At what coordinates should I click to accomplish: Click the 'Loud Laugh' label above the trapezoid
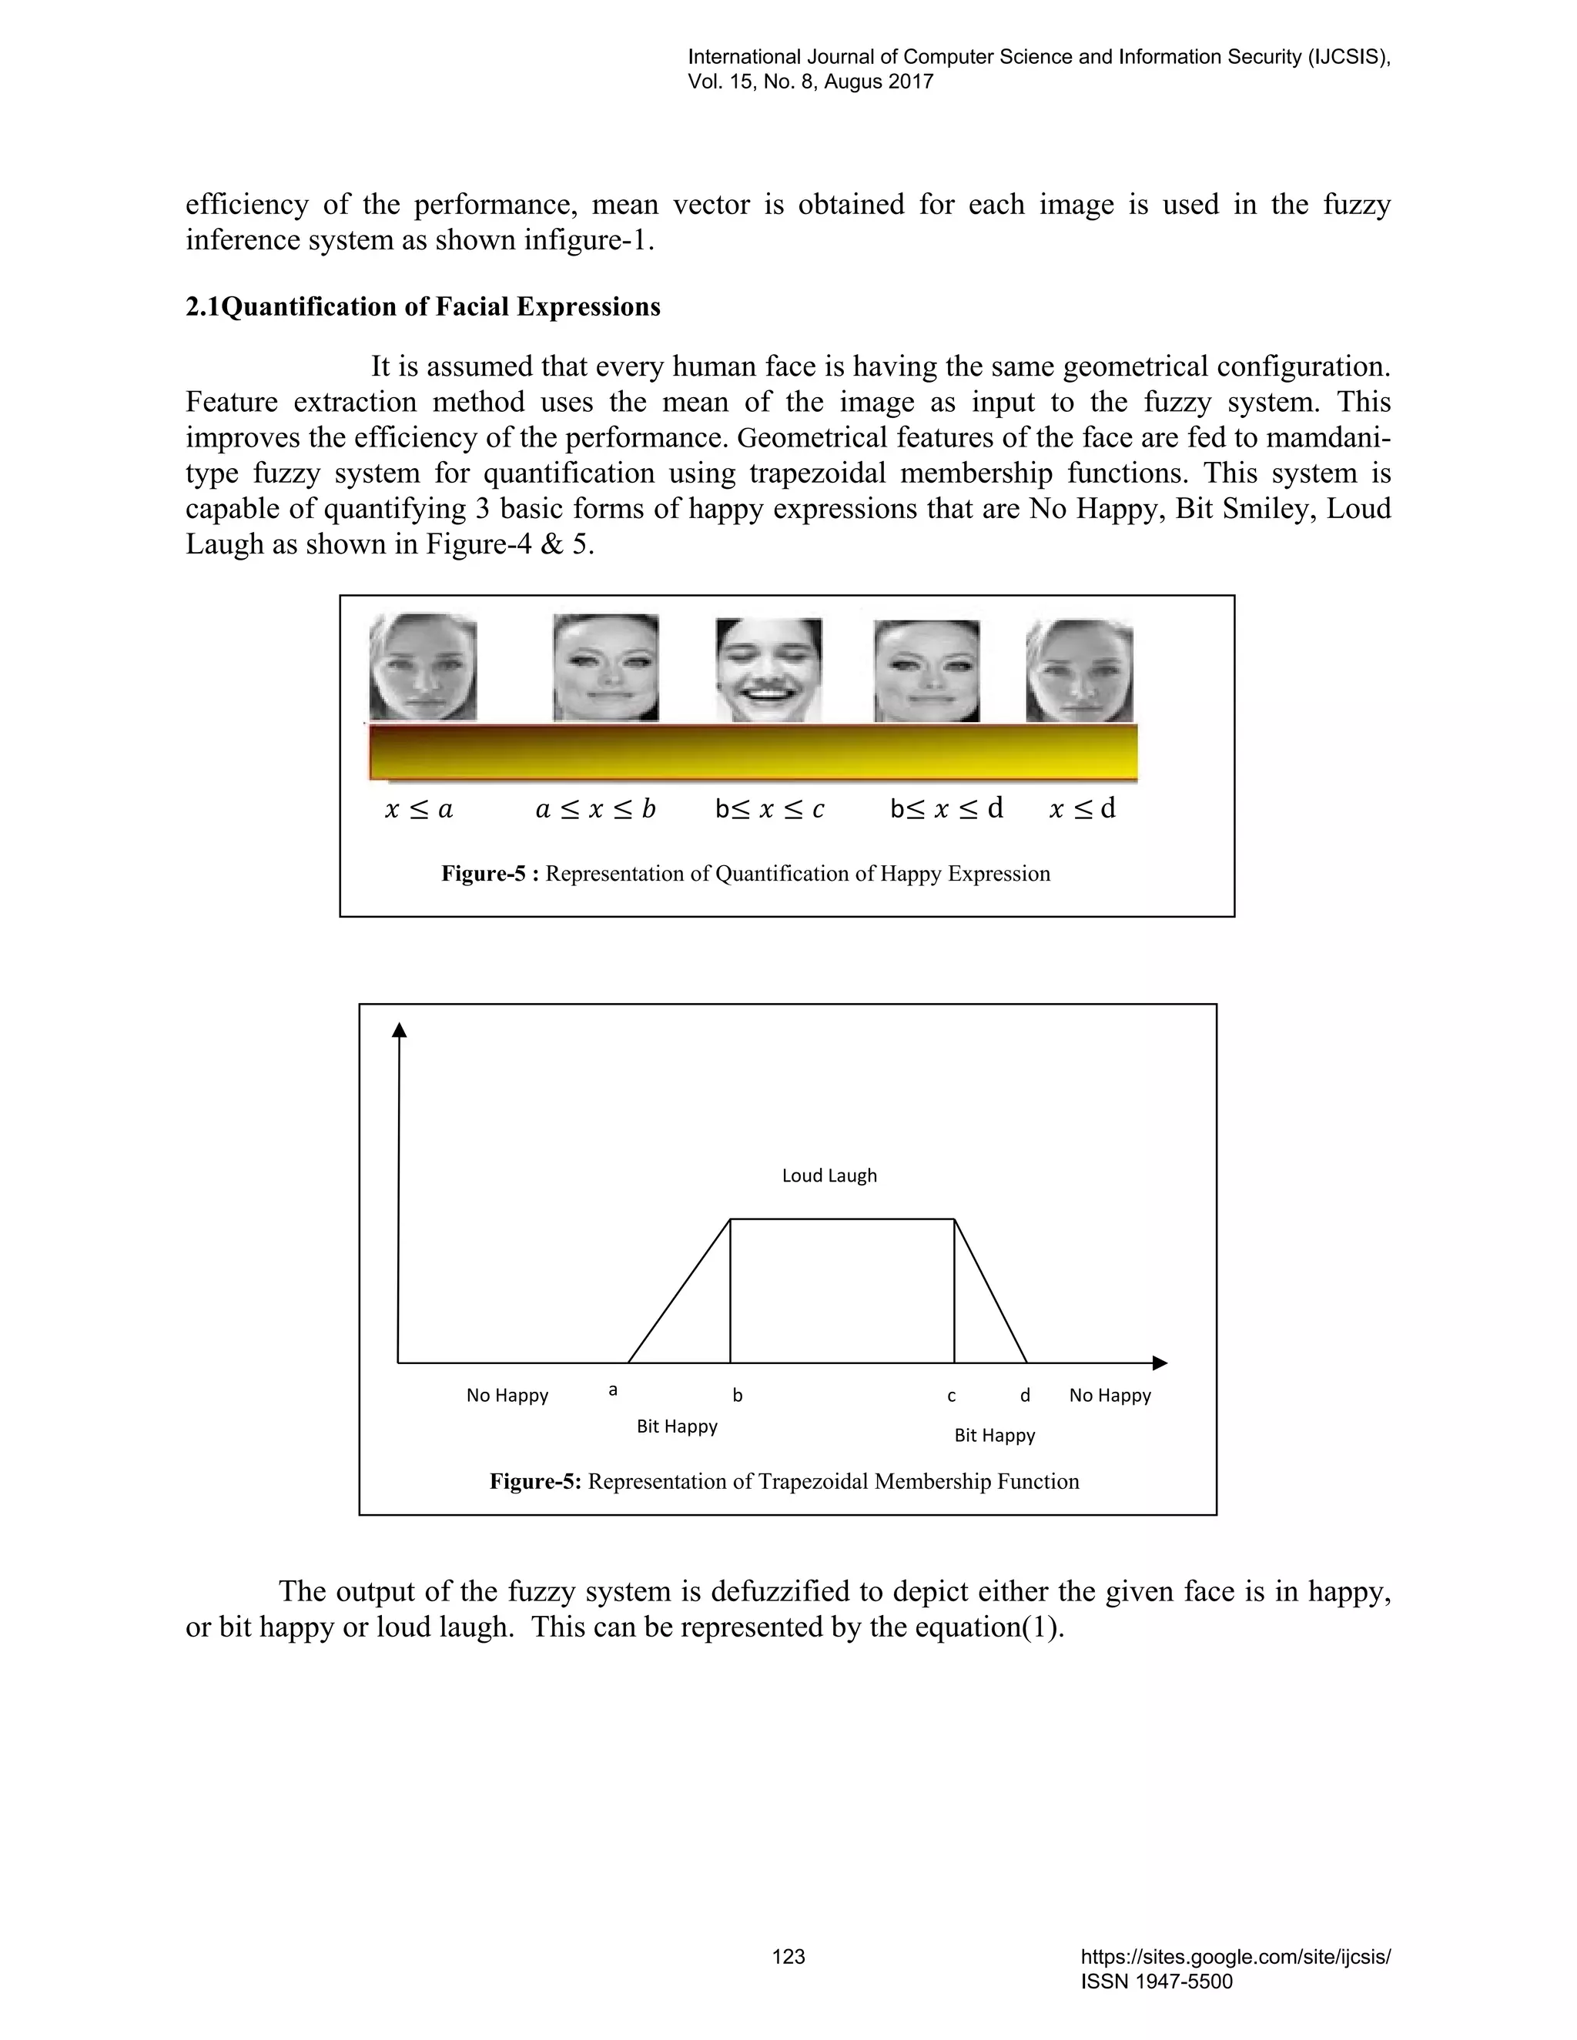(829, 1176)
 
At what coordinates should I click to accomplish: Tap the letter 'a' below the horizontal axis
(613, 1390)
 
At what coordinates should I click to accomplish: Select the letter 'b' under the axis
(737, 1396)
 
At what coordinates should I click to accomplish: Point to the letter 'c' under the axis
(951, 1396)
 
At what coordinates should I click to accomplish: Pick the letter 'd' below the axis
(1025, 1396)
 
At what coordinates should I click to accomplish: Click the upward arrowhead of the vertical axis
(399, 1029)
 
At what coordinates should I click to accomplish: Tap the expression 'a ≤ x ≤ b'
(595, 809)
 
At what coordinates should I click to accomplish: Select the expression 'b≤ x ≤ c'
(770, 809)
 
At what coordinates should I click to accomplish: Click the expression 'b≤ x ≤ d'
(946, 809)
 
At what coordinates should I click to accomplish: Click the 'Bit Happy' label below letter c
(994, 1436)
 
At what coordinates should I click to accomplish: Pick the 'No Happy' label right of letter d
(1110, 1396)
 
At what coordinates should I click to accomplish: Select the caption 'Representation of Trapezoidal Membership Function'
(833, 1481)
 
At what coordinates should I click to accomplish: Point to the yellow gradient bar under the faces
(753, 753)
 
